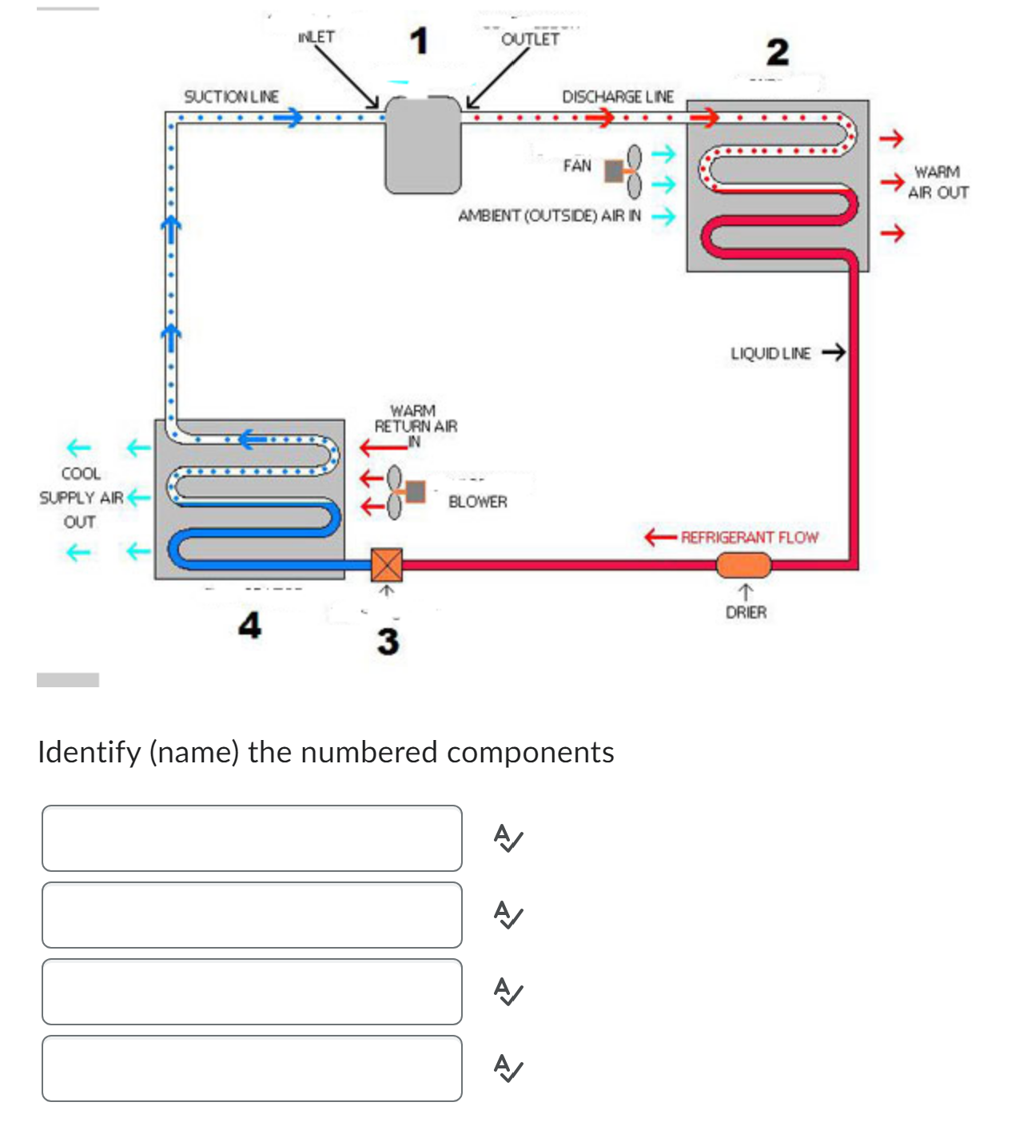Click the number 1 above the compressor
[x=419, y=41]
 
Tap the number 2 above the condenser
[x=777, y=53]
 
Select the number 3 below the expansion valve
[x=388, y=641]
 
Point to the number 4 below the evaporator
[x=249, y=625]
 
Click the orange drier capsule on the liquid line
[x=743, y=565]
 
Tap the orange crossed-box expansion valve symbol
[x=387, y=565]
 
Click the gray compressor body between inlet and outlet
[x=423, y=145]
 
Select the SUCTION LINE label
[x=231, y=97]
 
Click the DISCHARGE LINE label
[x=617, y=97]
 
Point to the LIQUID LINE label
[x=770, y=353]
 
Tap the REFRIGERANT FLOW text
[x=749, y=537]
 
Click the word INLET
[x=316, y=37]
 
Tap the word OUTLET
[x=530, y=39]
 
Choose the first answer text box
[x=252, y=838]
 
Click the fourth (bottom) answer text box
[x=252, y=1068]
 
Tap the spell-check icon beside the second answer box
[x=508, y=914]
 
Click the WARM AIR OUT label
[x=937, y=182]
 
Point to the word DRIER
[x=746, y=612]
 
